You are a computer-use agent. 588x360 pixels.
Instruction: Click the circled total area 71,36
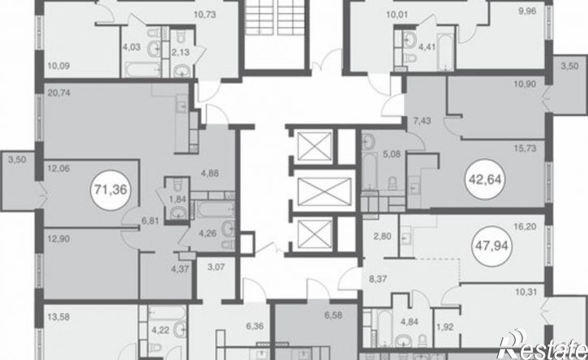click(x=111, y=190)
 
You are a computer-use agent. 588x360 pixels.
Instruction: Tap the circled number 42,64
click(x=485, y=180)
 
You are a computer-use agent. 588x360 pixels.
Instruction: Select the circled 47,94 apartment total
click(x=491, y=246)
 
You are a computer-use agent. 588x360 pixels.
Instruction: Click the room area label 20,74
click(x=59, y=92)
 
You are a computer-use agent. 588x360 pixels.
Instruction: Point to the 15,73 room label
click(x=525, y=148)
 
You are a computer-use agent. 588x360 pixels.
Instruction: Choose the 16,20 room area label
click(x=525, y=226)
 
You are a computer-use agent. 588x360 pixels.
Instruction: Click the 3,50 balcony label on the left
click(x=17, y=160)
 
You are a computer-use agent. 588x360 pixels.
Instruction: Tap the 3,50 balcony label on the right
click(x=569, y=66)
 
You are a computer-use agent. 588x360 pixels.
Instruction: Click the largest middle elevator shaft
click(x=324, y=192)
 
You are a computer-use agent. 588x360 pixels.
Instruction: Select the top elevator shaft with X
click(x=315, y=146)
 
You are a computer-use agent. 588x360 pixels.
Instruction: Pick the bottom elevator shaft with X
click(x=315, y=234)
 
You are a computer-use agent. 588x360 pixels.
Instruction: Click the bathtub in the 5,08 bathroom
click(x=369, y=170)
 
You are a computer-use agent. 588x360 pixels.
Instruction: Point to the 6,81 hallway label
click(x=150, y=221)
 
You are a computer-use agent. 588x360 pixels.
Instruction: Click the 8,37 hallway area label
click(x=378, y=279)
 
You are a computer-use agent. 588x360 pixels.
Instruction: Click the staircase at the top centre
click(x=277, y=17)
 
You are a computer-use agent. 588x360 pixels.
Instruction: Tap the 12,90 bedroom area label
click(x=59, y=239)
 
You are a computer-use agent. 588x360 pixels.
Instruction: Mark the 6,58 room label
click(x=333, y=315)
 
